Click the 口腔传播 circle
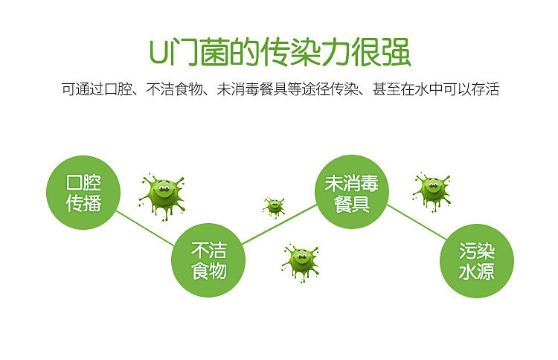[x=83, y=192]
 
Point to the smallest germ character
[x=274, y=206]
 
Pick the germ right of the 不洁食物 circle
[x=301, y=260]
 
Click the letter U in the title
[x=158, y=53]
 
